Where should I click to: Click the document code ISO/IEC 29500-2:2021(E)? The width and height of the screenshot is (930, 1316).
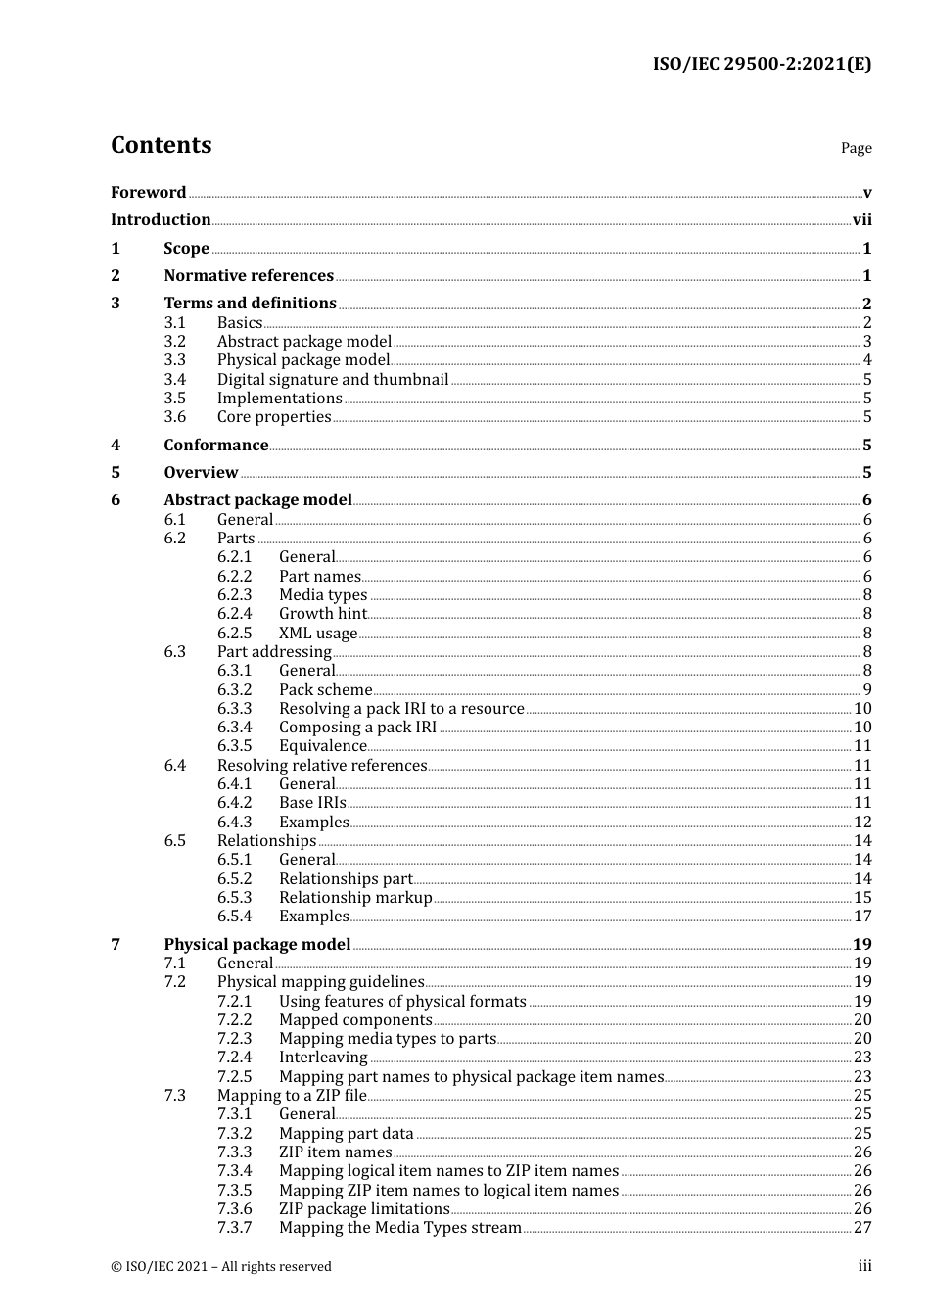762,64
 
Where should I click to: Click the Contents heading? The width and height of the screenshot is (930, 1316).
161,145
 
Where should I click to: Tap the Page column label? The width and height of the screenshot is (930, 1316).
856,148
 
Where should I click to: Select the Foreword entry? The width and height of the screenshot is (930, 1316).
148,192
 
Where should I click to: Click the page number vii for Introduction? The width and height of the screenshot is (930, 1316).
861,220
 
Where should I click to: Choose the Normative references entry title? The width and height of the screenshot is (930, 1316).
249,276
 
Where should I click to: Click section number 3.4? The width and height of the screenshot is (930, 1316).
174,379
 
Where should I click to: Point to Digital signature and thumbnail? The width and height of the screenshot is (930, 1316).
333,379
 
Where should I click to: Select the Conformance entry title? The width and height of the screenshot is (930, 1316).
215,446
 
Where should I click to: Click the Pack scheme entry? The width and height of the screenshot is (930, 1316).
325,689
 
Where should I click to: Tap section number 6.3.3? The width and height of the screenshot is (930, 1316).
234,708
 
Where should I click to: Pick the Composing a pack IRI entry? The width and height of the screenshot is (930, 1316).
357,727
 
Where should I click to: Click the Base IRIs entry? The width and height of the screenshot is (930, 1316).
312,802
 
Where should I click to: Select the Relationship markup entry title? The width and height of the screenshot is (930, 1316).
355,897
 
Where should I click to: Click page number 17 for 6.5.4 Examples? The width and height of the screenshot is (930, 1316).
862,916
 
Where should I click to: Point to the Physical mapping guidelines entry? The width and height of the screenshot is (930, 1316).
320,982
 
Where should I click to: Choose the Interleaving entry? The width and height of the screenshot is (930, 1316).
323,1057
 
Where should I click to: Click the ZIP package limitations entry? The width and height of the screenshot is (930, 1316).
364,1208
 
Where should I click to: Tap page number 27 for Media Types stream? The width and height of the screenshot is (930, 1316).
862,1228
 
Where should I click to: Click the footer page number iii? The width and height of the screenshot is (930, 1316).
864,1266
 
